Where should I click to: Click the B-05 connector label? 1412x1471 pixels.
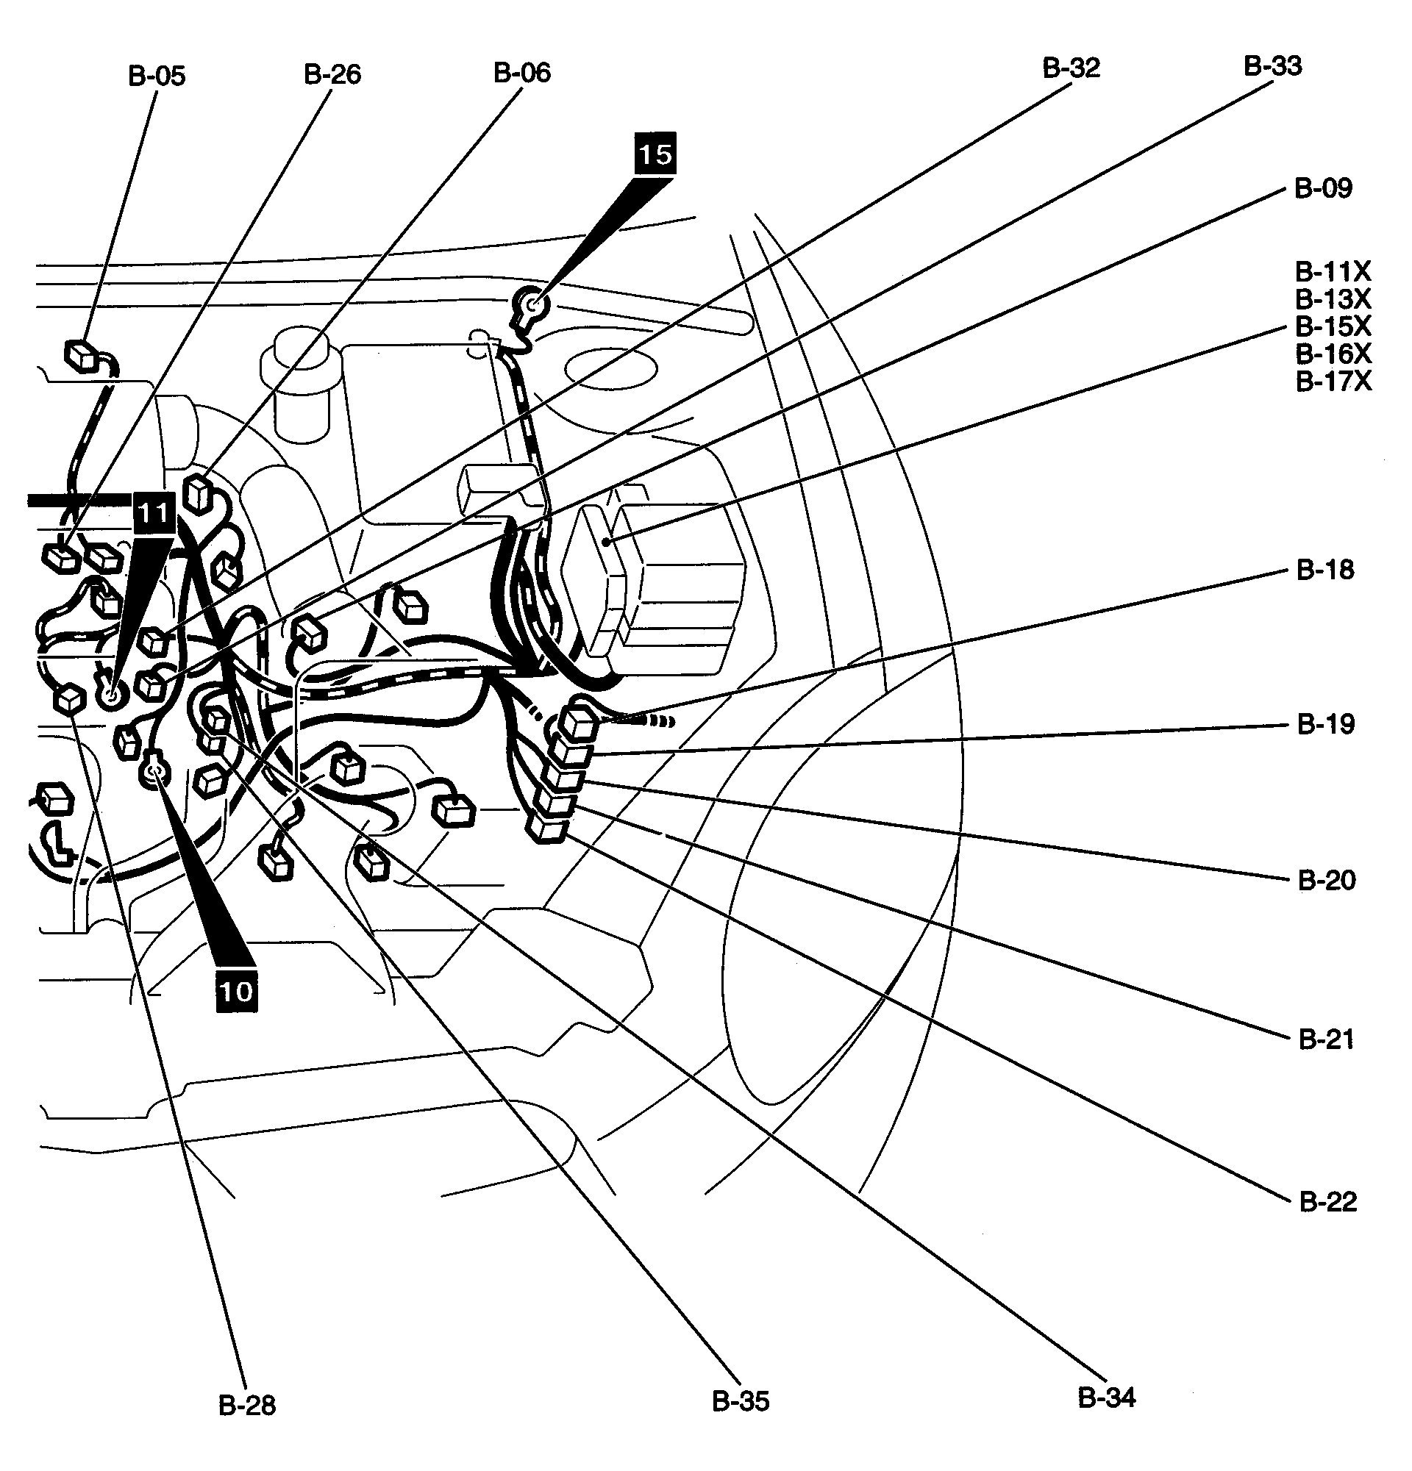coord(157,76)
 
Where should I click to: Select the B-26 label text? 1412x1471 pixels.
coord(332,74)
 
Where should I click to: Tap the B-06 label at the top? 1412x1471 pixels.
coord(521,73)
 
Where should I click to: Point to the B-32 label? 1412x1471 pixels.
coord(1071,68)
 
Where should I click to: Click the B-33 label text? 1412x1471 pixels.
coord(1272,66)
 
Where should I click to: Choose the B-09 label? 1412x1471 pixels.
coord(1323,188)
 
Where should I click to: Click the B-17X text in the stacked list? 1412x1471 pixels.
coord(1333,382)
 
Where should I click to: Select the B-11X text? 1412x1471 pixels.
coord(1333,271)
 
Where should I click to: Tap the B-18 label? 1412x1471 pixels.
coord(1325,570)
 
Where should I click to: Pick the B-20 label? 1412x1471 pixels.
coord(1327,880)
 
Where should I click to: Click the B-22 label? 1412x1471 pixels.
coord(1327,1201)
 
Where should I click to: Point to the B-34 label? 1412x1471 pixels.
coord(1107,1397)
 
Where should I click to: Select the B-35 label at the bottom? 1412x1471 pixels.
coord(740,1401)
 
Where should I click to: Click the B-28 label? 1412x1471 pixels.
coord(247,1405)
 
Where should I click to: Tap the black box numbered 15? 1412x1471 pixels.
coord(655,154)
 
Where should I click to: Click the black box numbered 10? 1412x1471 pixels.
coord(237,992)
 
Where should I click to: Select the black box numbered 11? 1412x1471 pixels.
coord(154,513)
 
